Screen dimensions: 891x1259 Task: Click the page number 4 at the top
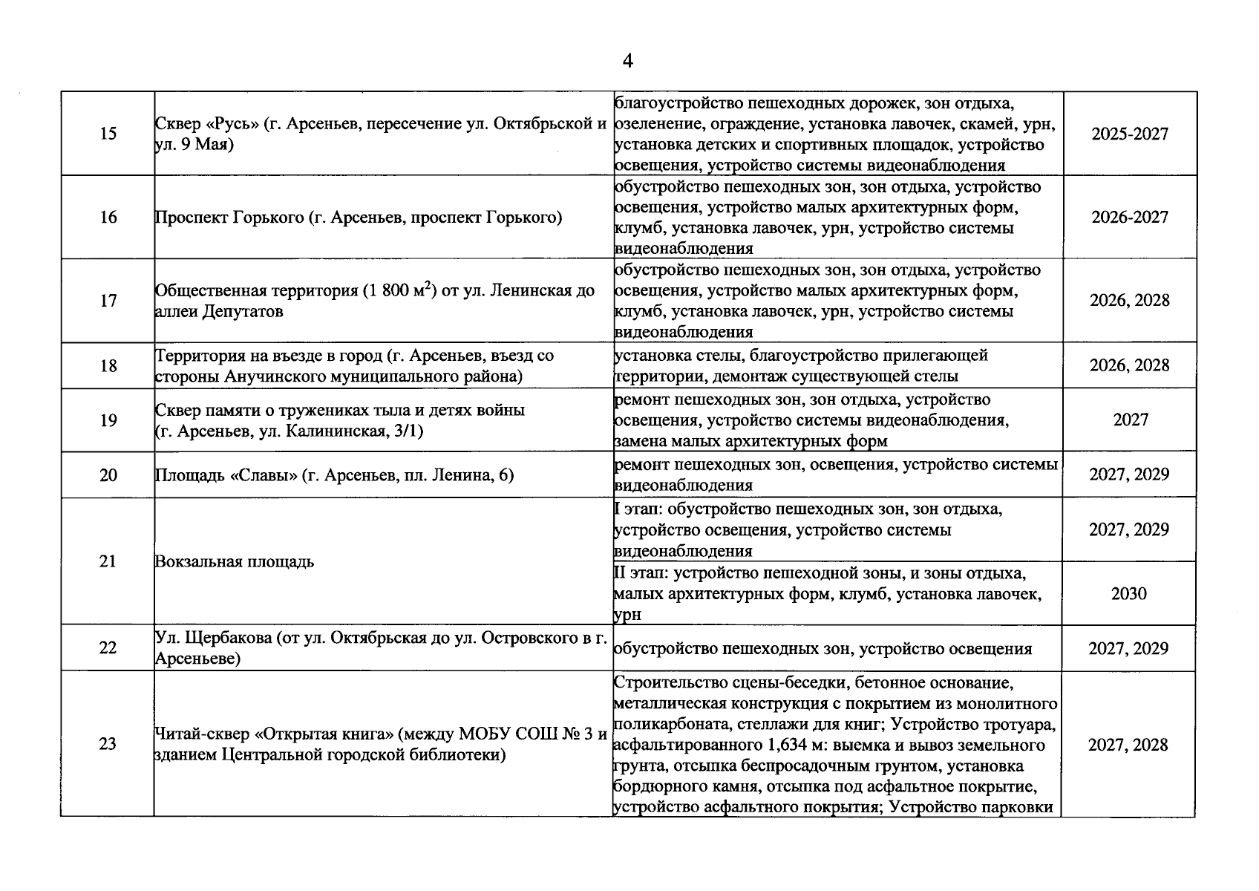tap(627, 62)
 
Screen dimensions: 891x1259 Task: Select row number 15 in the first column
tap(108, 134)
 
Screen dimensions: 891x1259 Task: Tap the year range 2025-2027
tap(1129, 134)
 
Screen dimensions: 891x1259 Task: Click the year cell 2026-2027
tap(1129, 218)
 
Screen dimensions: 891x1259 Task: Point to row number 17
tap(108, 301)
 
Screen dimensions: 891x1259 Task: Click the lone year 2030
tap(1128, 594)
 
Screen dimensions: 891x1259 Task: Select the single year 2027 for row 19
tap(1130, 420)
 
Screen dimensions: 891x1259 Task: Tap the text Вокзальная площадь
tap(234, 562)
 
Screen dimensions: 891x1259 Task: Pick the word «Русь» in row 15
tap(231, 124)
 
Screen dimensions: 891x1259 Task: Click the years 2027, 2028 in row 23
tap(1128, 745)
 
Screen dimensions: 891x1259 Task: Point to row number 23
tap(108, 744)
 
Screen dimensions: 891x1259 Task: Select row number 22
tap(108, 648)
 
